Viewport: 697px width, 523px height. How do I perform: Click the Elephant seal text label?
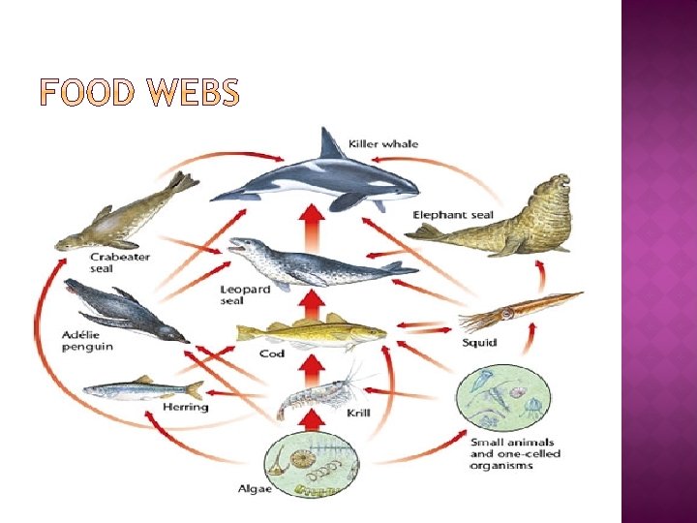pos(453,214)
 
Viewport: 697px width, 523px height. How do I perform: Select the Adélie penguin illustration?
pos(121,311)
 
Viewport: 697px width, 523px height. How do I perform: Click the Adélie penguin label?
pos(88,341)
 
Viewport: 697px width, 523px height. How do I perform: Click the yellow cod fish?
pos(310,333)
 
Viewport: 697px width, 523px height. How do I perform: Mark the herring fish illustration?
pos(142,389)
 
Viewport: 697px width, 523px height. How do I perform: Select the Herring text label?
pos(186,408)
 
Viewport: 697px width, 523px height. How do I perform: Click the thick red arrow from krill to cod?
pos(311,366)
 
